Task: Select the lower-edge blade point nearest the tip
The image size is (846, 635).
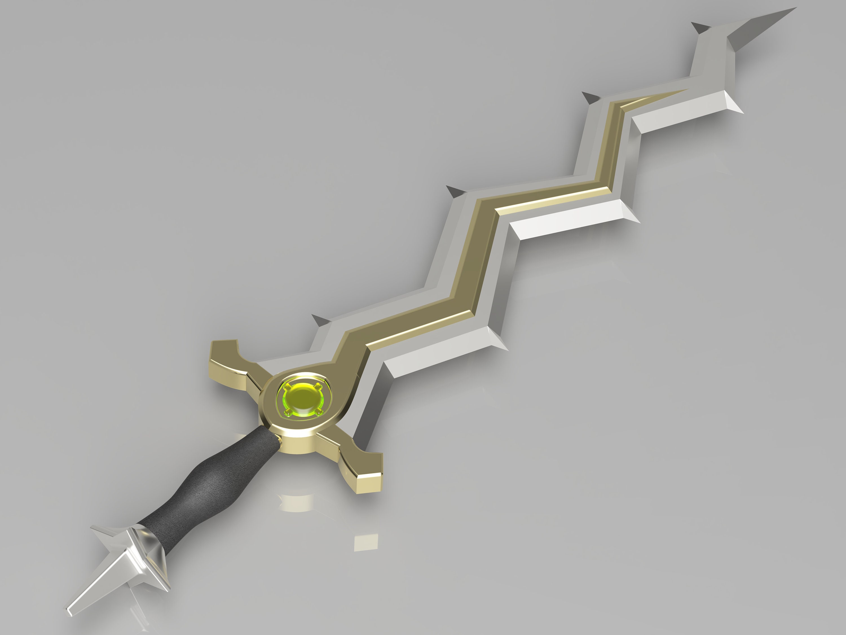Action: click(x=740, y=111)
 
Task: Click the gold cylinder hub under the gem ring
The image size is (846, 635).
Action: click(x=298, y=440)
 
